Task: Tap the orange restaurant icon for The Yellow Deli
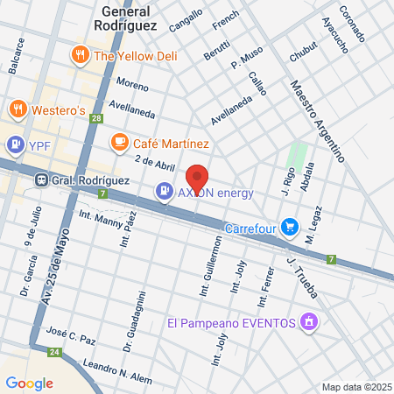point(81,56)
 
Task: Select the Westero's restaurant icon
point(18,110)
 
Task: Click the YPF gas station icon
point(15,144)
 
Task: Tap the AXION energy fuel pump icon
point(164,190)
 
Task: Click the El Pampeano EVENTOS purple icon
point(307,323)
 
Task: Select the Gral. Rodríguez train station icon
point(40,179)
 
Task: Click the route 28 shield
point(95,119)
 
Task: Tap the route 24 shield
point(53,353)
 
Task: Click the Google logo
point(29,383)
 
